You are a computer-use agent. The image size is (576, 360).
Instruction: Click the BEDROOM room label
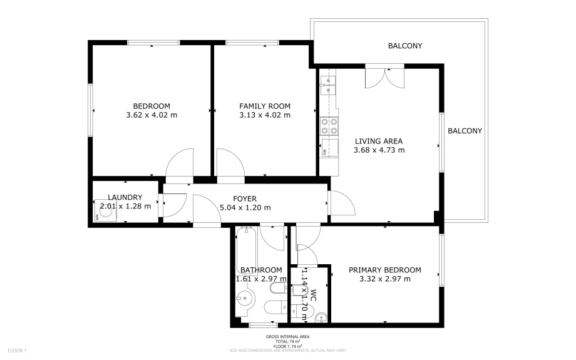point(152,106)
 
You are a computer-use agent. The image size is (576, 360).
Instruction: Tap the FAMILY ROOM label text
point(265,106)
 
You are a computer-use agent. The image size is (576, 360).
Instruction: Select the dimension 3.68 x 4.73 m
point(379,150)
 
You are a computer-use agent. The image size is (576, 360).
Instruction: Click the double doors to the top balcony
point(384,76)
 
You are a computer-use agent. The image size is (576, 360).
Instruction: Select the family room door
point(230,164)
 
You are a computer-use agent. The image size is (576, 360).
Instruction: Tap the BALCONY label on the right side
point(465,131)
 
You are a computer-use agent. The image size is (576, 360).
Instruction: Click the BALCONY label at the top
point(405,46)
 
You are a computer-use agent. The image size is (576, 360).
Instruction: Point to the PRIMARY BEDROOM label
point(384,270)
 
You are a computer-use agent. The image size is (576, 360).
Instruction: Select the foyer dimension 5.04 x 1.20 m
point(245,208)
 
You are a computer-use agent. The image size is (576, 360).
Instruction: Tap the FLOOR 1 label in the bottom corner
point(16,350)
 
